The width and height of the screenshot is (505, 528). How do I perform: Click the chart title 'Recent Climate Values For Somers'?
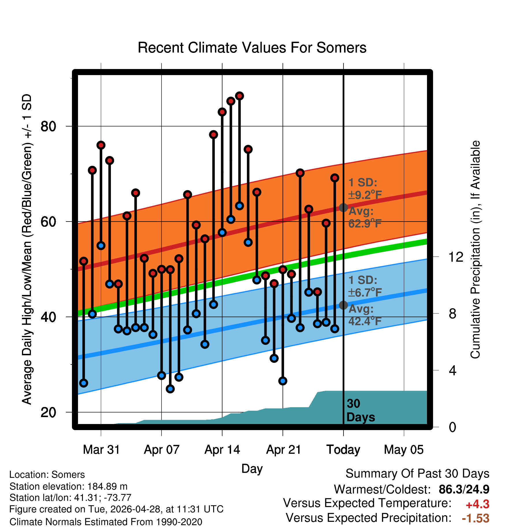coord(252,48)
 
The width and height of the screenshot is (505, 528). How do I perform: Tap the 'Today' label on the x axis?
coord(343,450)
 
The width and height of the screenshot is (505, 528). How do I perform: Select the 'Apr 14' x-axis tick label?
coord(222,450)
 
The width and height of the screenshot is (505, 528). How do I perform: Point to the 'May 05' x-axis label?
coord(404,450)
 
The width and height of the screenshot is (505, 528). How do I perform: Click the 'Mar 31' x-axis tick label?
coord(101,450)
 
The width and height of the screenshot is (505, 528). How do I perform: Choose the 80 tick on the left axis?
coord(49,126)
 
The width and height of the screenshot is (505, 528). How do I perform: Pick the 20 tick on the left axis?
coord(49,412)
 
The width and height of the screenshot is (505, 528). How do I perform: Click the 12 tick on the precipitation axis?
coord(456,257)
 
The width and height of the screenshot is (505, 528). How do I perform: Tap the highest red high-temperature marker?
coord(239,96)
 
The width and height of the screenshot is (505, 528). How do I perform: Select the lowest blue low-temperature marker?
coord(170,389)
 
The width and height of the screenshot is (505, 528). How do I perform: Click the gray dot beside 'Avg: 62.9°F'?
coord(343,207)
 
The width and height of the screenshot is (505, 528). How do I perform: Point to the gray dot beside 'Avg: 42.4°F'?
coord(343,305)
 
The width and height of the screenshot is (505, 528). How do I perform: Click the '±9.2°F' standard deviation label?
coord(365,195)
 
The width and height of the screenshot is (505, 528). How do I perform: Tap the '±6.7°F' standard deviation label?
coord(365,293)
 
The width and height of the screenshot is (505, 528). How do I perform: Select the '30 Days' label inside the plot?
coord(361,410)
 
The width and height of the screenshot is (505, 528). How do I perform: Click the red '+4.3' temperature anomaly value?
coord(478,504)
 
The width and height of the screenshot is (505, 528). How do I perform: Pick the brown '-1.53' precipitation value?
coord(476,518)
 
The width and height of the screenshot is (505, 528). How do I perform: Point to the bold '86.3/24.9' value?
coord(464,489)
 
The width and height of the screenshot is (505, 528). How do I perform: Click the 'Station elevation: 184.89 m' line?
coord(68,486)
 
